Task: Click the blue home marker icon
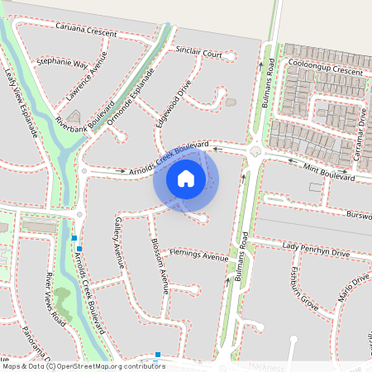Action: coord(186,179)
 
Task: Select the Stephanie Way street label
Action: coord(63,63)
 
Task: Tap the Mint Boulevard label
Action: coord(328,171)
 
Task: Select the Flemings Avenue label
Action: coord(198,255)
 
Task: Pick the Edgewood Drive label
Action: coord(173,103)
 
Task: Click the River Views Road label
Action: coord(56,295)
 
